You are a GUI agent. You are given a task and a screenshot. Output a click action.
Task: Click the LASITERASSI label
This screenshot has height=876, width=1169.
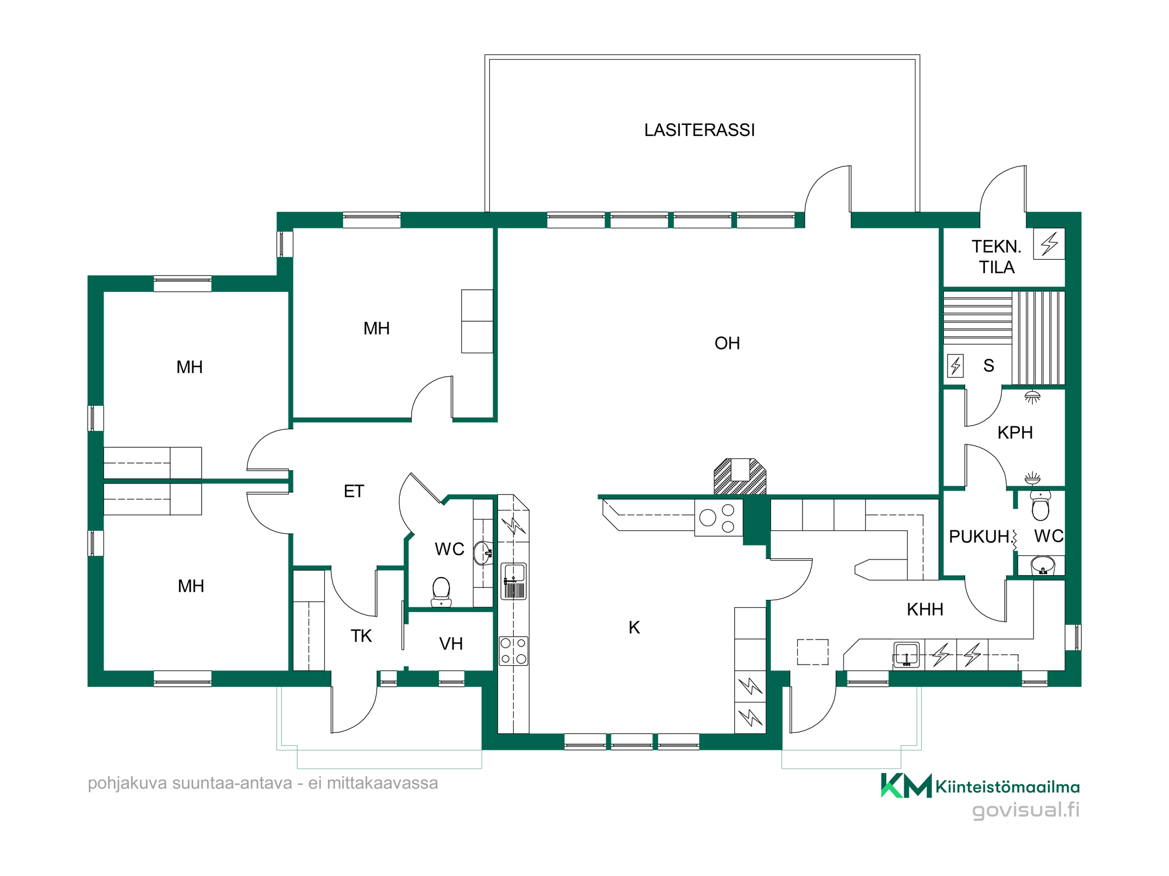[700, 130]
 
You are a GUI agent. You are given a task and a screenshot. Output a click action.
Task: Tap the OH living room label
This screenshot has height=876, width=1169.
[727, 343]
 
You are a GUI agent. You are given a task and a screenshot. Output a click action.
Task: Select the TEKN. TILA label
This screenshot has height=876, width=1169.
[997, 257]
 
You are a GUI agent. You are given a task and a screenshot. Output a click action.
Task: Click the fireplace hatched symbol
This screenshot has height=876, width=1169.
[740, 477]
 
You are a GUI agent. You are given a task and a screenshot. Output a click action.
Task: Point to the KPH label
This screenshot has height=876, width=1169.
[1015, 433]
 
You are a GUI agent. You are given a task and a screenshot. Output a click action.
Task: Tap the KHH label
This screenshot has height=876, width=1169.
[925, 610]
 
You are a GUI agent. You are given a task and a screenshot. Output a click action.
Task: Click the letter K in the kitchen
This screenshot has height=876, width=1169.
[634, 628]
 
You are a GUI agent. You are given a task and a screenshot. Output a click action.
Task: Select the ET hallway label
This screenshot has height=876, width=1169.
[354, 492]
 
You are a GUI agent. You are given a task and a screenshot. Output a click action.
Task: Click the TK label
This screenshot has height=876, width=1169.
[361, 636]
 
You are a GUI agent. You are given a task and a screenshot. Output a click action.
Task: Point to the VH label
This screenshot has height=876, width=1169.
[451, 644]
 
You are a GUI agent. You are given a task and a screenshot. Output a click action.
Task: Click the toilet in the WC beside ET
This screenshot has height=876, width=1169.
[441, 592]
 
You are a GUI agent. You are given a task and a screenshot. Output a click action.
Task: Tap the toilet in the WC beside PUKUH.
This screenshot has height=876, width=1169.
[1040, 506]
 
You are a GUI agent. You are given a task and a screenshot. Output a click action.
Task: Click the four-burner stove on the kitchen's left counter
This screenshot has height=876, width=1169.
[514, 651]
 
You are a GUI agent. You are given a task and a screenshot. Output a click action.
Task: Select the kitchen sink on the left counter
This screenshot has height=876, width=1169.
[514, 581]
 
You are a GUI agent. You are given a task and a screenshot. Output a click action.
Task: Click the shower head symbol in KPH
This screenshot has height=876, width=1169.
[1033, 397]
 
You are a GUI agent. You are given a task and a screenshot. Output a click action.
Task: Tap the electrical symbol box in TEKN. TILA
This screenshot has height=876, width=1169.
[1049, 244]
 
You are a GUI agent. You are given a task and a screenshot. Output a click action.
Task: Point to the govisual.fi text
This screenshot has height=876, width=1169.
[1026, 810]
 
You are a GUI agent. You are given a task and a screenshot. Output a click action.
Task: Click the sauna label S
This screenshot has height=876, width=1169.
[989, 366]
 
